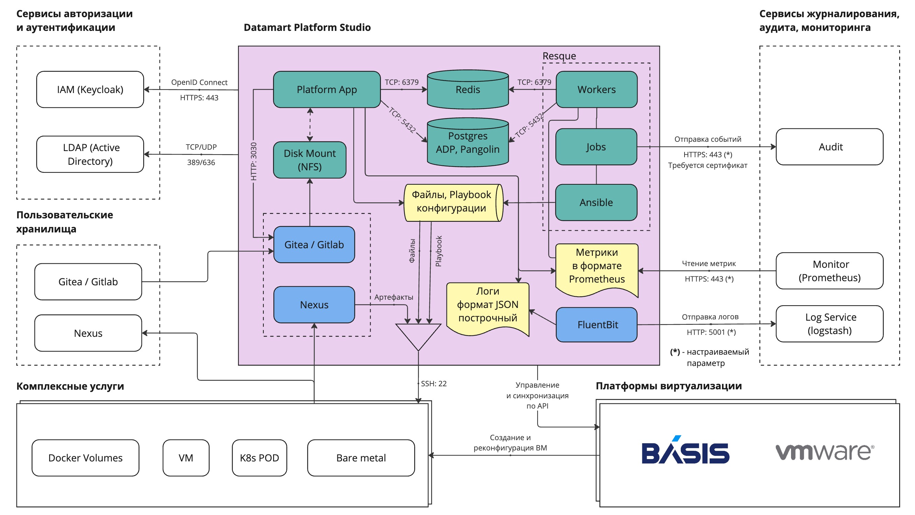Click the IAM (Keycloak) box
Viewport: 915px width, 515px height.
coord(90,90)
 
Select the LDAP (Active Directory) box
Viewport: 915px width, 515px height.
coord(90,154)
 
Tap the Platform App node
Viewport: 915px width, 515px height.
coord(326,90)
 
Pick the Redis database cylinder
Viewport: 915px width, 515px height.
coord(467,90)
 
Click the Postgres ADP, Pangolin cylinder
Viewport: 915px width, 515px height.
coord(467,143)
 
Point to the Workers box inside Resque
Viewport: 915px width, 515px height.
coord(596,90)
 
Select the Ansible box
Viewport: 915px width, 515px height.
coord(596,203)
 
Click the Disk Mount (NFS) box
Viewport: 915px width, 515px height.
coord(309,160)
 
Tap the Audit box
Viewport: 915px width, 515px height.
coord(829,147)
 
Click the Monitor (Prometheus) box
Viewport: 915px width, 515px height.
coord(829,271)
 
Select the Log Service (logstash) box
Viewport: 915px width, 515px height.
coord(829,323)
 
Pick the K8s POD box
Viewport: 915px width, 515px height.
coord(259,458)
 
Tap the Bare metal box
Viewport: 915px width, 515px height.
coord(361,458)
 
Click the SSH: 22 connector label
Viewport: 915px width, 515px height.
coord(433,384)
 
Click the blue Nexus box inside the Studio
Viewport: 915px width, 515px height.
coord(314,305)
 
